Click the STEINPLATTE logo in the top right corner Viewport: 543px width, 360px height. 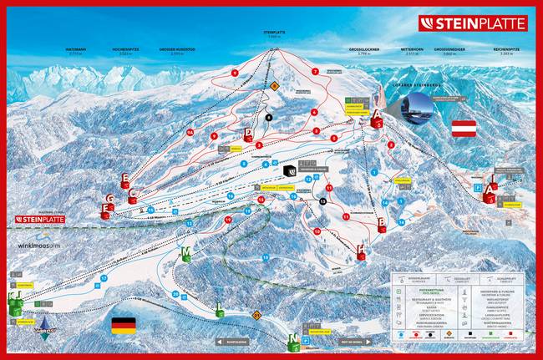(x=473, y=23)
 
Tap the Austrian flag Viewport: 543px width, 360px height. (x=464, y=128)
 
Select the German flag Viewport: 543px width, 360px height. (x=123, y=324)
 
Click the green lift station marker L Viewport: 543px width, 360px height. (x=220, y=311)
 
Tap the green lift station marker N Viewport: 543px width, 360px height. (x=294, y=340)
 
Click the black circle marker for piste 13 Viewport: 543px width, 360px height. (x=322, y=201)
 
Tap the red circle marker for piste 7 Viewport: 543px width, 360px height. (x=315, y=72)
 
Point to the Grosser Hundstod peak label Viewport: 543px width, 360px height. (x=177, y=51)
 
